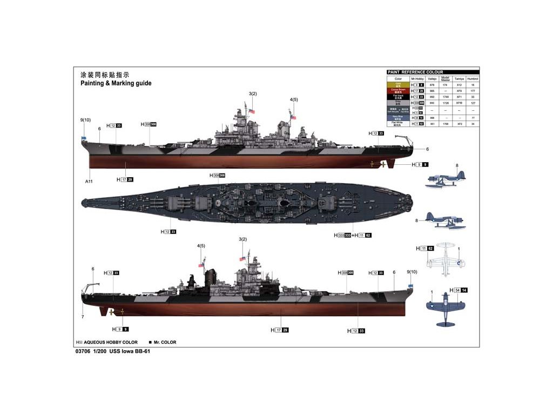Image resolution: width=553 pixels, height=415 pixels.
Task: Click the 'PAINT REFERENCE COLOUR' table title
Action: [x=415, y=72]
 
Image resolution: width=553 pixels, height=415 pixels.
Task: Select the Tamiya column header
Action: [x=459, y=79]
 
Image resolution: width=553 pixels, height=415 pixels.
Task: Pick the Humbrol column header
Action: [x=473, y=79]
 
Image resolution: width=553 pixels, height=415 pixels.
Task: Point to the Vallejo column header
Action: [x=431, y=79]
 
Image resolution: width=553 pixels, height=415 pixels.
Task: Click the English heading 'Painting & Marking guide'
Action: [x=116, y=83]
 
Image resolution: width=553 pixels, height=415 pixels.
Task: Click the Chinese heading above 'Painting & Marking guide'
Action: [x=105, y=75]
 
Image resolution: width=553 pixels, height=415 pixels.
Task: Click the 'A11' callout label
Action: [x=89, y=182]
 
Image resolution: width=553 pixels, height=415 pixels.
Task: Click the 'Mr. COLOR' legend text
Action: [x=165, y=342]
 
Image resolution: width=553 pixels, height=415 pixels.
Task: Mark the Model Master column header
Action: [x=445, y=79]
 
